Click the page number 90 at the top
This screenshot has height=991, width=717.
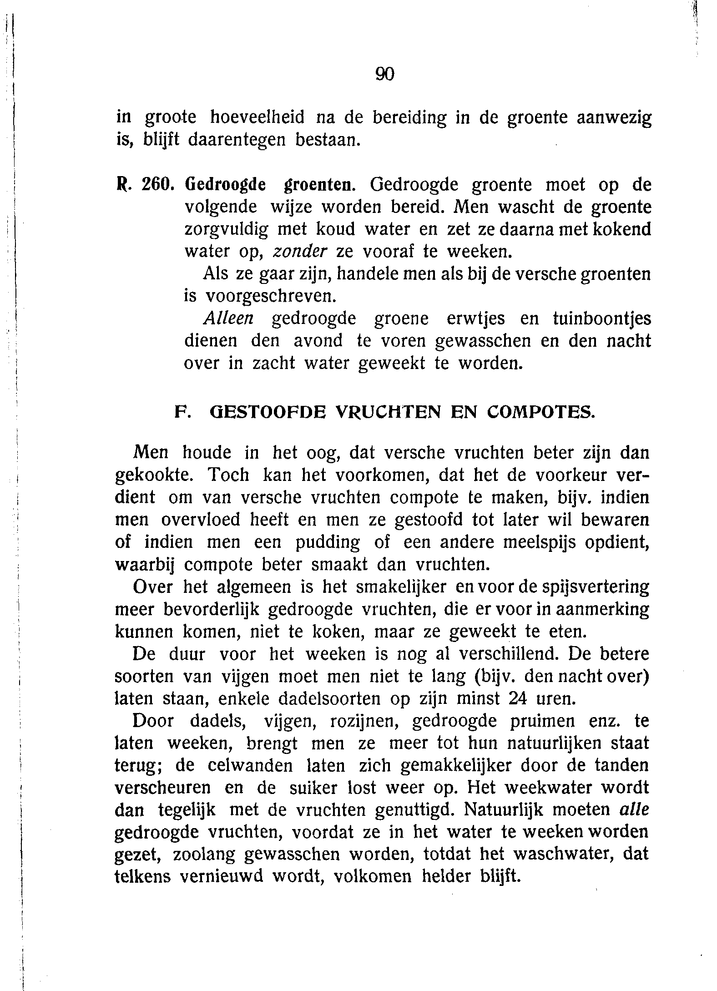coord(384,74)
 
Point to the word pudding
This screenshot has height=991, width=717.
coord(328,543)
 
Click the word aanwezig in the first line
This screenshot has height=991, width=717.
coord(614,118)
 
